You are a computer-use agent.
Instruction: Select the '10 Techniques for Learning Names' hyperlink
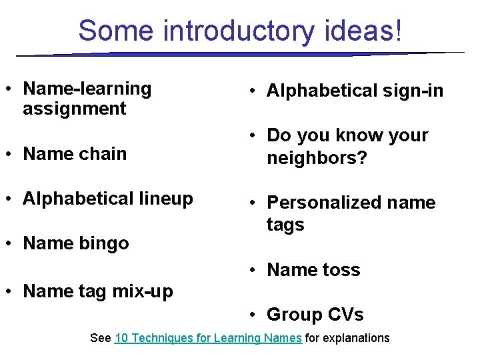pyautogui.click(x=208, y=338)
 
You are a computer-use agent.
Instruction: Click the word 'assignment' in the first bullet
pyautogui.click(x=74, y=109)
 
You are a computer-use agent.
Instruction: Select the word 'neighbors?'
pyautogui.click(x=317, y=158)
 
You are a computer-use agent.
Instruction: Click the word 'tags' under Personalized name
pyautogui.click(x=285, y=225)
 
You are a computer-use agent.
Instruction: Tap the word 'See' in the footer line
pyautogui.click(x=100, y=338)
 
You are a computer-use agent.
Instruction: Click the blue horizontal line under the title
pyautogui.click(x=240, y=54)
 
